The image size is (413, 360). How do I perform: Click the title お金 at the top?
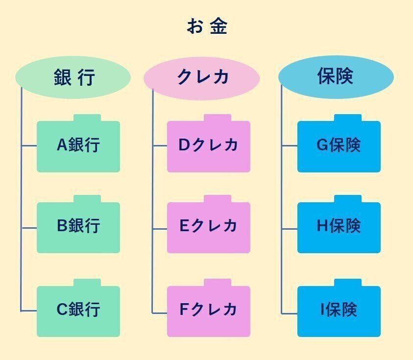[x=207, y=26]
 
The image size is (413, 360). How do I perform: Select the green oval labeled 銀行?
[x=73, y=77]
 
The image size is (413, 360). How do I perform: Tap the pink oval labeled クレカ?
[x=201, y=77]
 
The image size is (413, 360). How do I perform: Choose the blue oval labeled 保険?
[x=336, y=77]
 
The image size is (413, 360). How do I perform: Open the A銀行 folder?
[x=78, y=146]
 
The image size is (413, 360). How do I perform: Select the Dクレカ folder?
[x=208, y=146]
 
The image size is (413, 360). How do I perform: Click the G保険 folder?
[x=339, y=146]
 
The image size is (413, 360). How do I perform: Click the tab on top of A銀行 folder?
[x=87, y=118]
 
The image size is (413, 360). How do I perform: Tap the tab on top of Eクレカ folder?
[x=218, y=199]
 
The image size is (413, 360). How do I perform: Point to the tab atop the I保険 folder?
[x=348, y=283]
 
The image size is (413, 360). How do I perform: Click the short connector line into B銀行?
[x=29, y=228]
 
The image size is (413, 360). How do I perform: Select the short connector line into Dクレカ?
[x=160, y=146]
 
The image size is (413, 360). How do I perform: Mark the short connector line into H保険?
[x=290, y=228]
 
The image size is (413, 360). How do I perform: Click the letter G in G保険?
[x=322, y=146]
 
